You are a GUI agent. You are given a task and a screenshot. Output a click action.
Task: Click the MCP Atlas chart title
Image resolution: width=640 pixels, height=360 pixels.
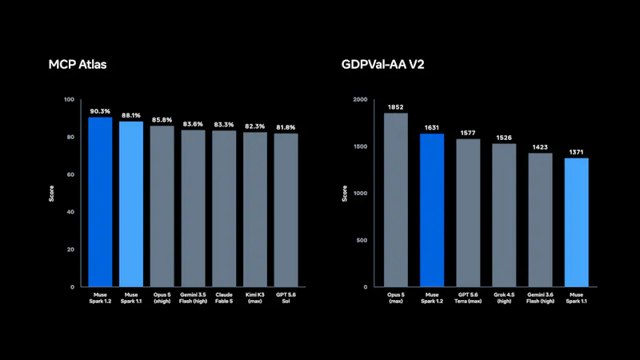coord(78,65)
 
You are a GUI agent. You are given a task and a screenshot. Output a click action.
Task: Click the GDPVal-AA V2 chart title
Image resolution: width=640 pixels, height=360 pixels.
coord(383,65)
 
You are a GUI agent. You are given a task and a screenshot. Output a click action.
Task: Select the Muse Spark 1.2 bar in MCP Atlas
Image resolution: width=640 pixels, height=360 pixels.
coord(100,202)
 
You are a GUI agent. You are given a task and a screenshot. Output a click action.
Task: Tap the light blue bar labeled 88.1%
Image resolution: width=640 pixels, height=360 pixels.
coord(131,204)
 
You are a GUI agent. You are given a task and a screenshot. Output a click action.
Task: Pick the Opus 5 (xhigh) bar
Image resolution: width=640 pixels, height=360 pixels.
coord(162,206)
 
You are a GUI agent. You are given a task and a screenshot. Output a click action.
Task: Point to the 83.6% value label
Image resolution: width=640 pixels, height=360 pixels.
coord(193,124)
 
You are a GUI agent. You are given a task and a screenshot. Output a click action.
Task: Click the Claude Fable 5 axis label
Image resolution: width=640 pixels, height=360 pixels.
coord(224,298)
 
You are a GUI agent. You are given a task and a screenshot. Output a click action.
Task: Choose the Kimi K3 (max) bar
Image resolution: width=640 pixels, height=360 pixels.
coord(255,210)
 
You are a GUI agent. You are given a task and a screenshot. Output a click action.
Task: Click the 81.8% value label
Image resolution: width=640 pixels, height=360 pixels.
coord(286,127)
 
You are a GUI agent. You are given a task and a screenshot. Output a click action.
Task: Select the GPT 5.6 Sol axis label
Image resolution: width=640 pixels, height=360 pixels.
coord(286,298)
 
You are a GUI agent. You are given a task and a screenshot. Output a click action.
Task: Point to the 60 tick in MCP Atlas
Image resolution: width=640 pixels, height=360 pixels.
coord(70,174)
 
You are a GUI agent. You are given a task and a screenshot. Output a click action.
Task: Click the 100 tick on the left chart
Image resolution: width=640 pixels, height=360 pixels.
coord(70,99)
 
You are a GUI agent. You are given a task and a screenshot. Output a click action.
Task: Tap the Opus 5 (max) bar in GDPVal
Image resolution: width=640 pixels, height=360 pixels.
coord(395,200)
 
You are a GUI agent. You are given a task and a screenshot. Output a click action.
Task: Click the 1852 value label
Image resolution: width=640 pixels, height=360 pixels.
coord(395,107)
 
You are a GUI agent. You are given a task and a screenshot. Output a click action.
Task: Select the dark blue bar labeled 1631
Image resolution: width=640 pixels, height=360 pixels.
coord(432,210)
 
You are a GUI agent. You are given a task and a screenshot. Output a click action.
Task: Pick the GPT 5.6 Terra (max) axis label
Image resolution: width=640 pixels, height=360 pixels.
coord(468,298)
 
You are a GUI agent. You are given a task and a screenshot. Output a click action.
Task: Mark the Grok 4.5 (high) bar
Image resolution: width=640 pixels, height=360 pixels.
coord(504,215)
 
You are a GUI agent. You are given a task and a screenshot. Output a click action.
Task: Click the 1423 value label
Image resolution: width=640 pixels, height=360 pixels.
coord(540,147)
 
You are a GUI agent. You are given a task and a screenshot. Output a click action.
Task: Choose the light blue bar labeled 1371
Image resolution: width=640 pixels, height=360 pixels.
coord(576,222)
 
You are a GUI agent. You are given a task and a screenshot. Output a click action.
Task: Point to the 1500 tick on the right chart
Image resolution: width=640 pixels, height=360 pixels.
coord(361,146)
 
